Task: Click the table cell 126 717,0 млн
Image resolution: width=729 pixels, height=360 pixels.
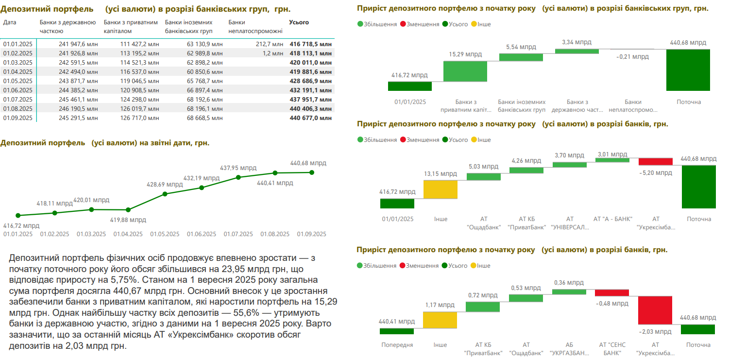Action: [x=139, y=118]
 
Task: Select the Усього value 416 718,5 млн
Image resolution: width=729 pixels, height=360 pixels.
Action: [x=310, y=44]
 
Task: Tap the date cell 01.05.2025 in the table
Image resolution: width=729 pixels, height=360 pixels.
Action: [x=17, y=81]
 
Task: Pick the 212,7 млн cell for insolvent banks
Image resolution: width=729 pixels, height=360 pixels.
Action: [x=270, y=44]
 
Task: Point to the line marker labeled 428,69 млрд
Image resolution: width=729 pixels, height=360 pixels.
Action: [x=165, y=194]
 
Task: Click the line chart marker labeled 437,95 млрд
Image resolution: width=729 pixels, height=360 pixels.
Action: [x=238, y=177]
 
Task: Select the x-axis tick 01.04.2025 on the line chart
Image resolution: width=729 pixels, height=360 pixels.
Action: [x=128, y=234]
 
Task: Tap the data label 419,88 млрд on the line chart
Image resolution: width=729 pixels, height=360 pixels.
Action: [x=127, y=219]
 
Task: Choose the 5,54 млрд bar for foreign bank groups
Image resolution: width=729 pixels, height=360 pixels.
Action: [x=521, y=57]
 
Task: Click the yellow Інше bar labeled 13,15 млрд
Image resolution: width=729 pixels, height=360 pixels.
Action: [x=441, y=189]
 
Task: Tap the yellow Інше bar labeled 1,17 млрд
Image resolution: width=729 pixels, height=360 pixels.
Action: [x=440, y=320]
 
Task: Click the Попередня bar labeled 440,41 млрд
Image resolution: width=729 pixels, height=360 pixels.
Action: [x=397, y=331]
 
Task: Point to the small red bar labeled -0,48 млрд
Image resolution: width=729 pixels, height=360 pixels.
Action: [x=611, y=293]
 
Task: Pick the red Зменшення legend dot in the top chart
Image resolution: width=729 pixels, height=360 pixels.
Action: [x=403, y=24]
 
